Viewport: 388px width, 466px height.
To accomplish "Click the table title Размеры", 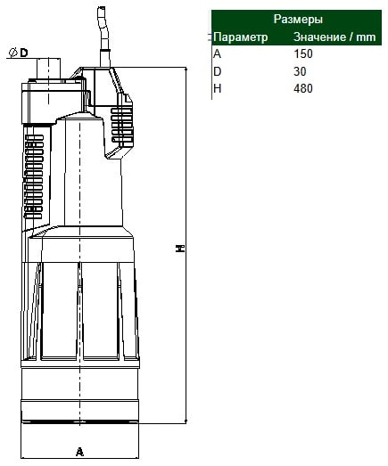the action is [298, 19].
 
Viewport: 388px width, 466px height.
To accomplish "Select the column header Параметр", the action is [241, 37].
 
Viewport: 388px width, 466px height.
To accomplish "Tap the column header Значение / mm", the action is [334, 37].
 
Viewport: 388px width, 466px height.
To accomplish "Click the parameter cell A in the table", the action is [218, 53].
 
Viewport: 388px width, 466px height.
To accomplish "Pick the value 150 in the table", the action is [303, 53].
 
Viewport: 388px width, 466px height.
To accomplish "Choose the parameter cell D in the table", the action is [218, 71].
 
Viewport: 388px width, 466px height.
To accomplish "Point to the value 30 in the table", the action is [300, 71].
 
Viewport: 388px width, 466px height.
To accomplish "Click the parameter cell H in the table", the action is [218, 88].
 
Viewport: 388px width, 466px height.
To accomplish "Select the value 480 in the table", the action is [303, 88].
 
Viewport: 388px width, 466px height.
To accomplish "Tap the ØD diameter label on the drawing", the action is [18, 53].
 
